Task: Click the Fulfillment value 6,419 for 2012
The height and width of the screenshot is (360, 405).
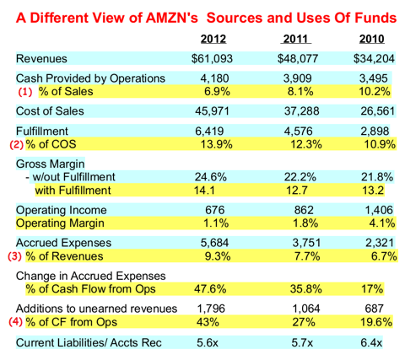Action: (215, 132)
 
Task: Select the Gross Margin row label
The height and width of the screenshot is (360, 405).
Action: (55, 162)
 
